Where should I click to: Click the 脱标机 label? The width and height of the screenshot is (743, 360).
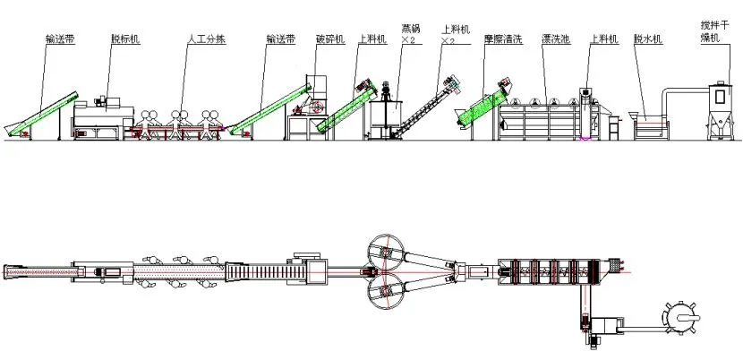click(124, 39)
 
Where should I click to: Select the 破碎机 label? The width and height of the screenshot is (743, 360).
click(329, 39)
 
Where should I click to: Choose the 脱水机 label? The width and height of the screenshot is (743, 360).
click(647, 39)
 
